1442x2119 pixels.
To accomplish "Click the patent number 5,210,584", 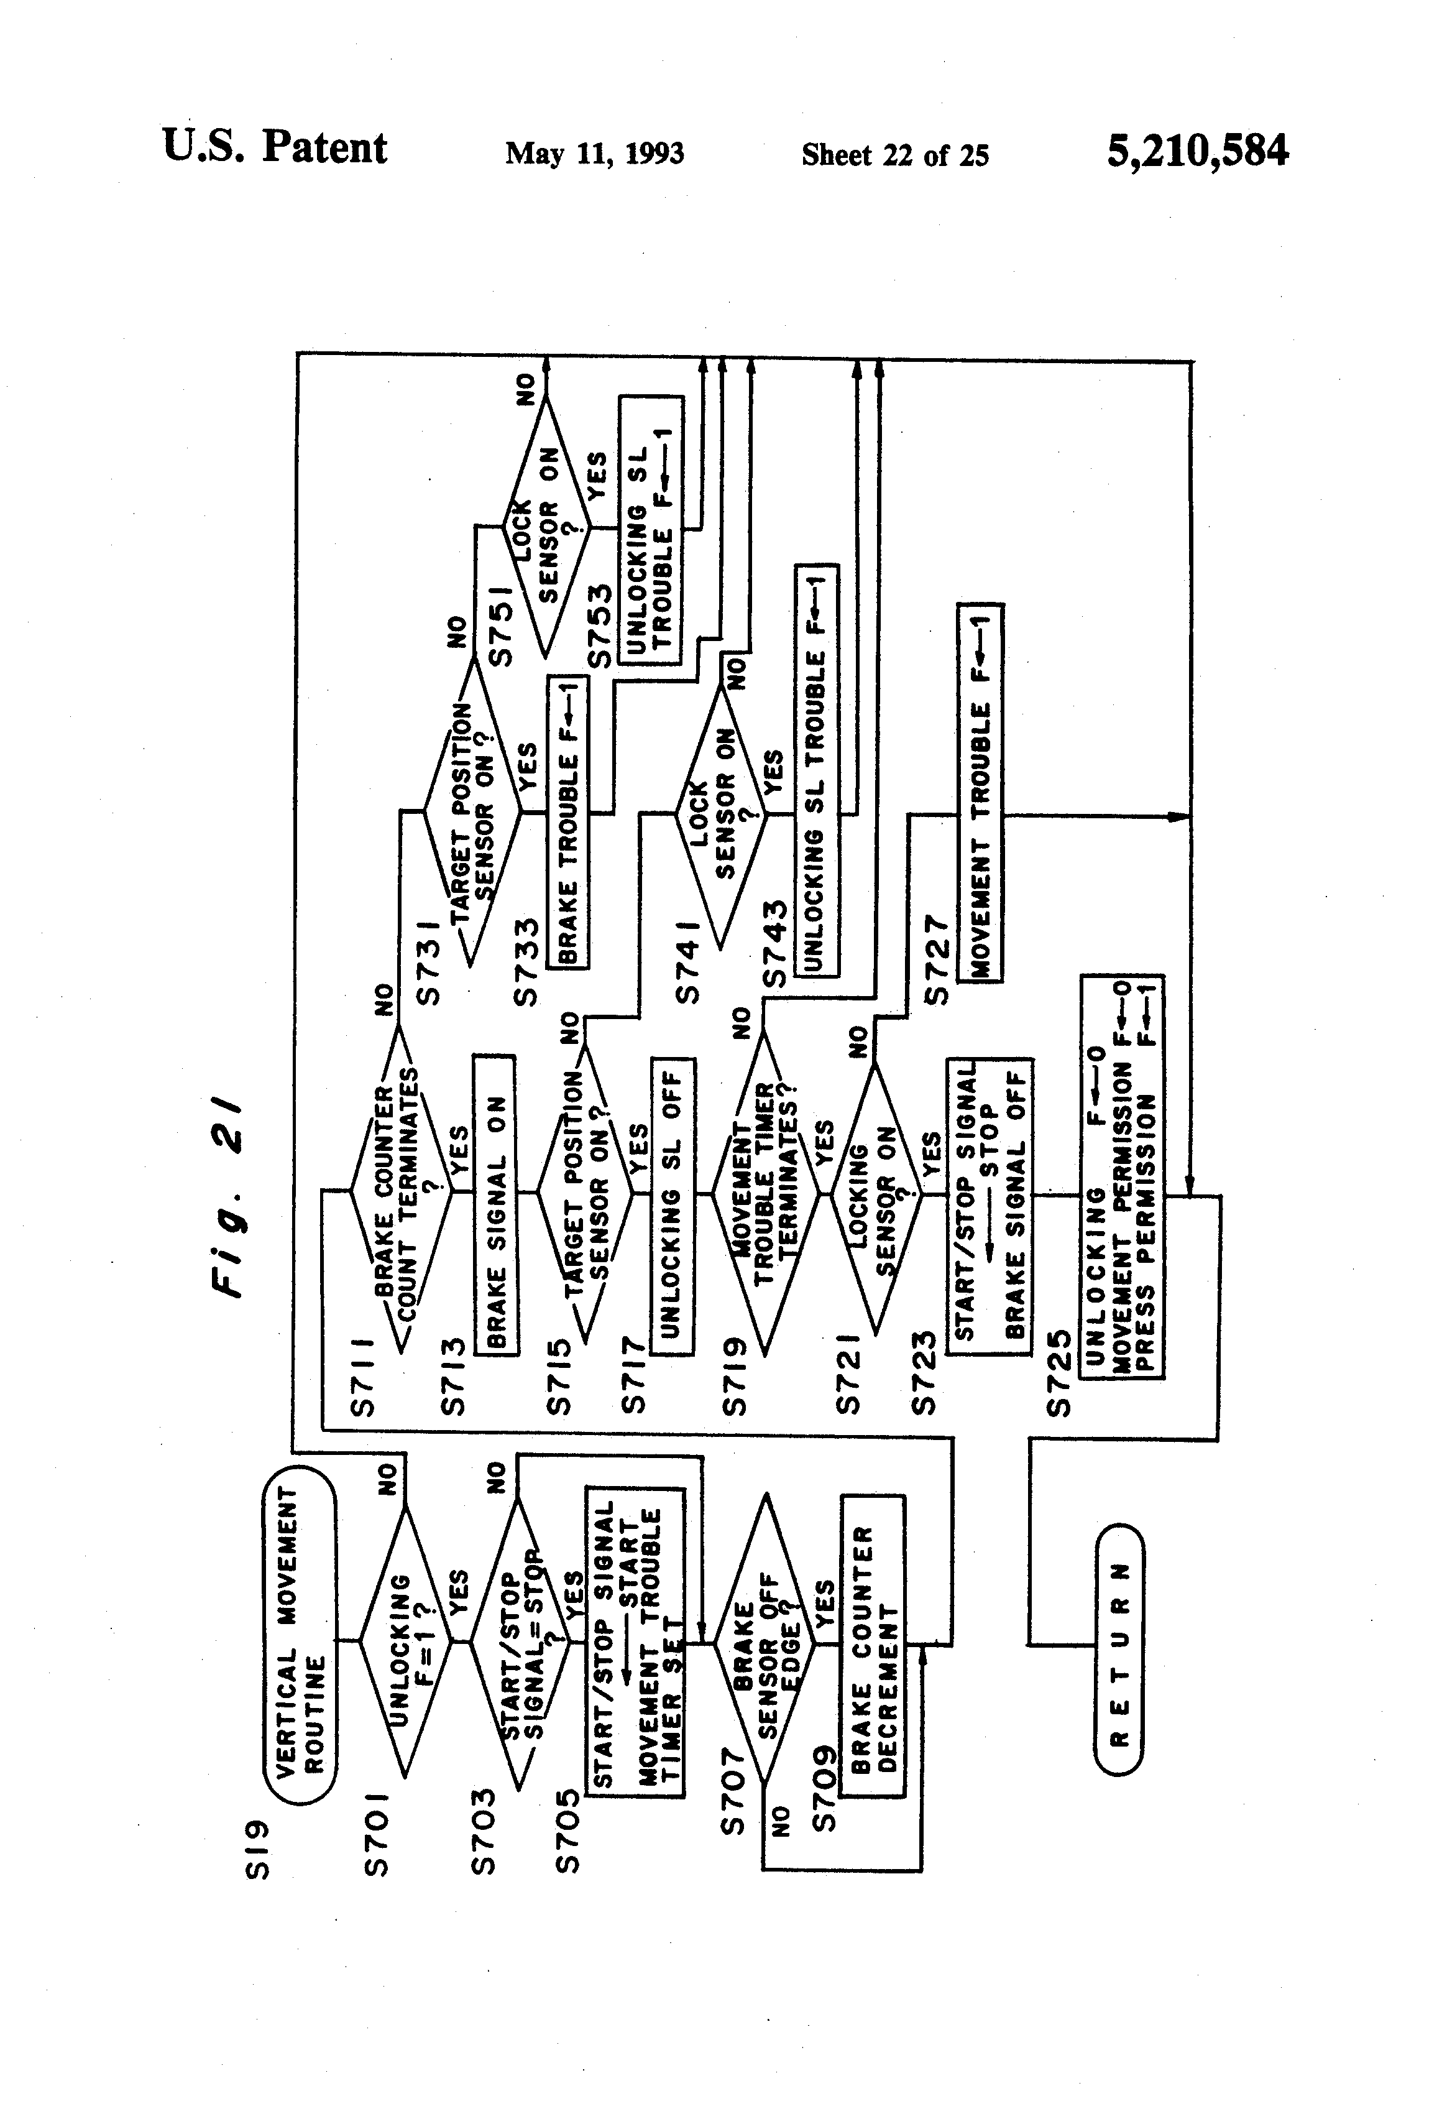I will (1197, 151).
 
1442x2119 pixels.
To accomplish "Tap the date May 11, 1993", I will (594, 153).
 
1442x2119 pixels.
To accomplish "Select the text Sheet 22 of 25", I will (894, 155).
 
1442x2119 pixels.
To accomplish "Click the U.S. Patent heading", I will (274, 148).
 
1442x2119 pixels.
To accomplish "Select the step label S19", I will (260, 1848).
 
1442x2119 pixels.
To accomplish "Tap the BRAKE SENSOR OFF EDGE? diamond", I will (764, 1644).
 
